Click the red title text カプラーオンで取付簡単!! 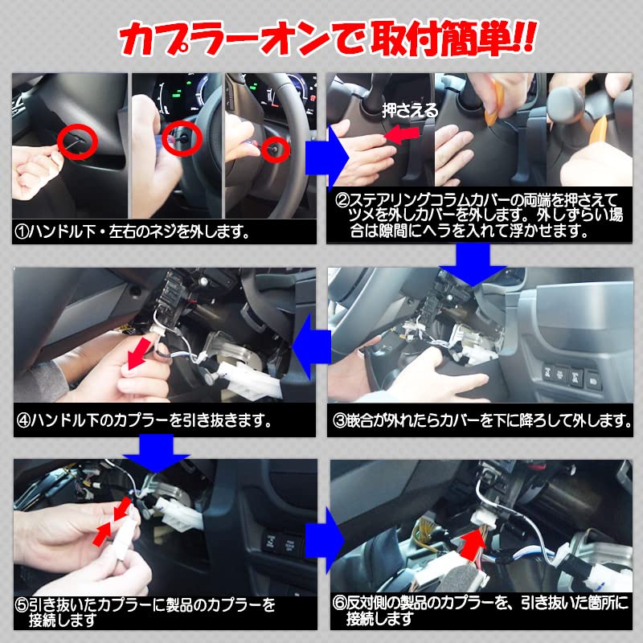pos(321,36)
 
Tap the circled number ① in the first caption pos(23,232)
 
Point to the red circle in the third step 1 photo pos(276,148)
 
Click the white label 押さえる pos(410,111)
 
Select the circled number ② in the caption pos(342,199)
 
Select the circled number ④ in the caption pos(23,420)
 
